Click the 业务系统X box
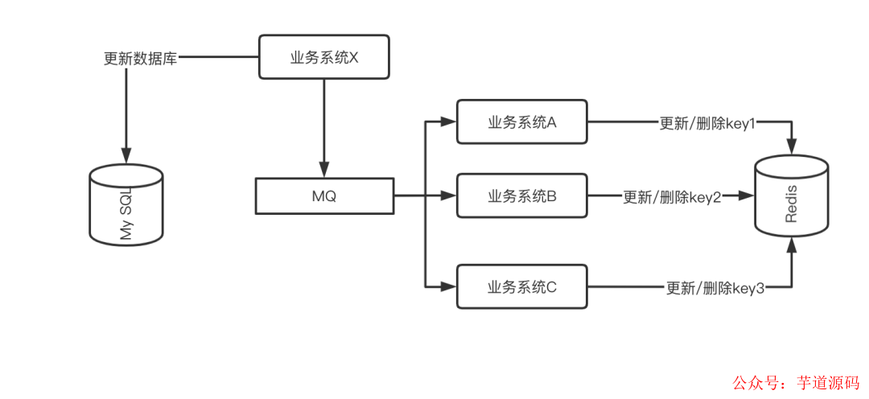click(x=324, y=57)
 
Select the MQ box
click(x=324, y=196)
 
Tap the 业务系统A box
click(x=522, y=122)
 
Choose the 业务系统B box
click(x=522, y=195)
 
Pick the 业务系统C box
click(x=522, y=286)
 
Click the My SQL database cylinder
click(x=126, y=206)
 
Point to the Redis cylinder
click(x=791, y=198)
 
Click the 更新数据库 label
click(x=141, y=58)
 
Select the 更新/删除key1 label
click(x=707, y=123)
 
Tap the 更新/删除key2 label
click(x=672, y=196)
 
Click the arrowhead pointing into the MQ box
click(x=324, y=172)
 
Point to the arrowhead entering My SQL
click(x=126, y=155)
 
